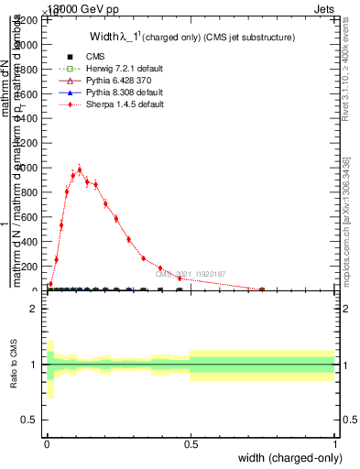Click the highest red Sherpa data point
(x=80, y=169)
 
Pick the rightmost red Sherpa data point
(x=262, y=289)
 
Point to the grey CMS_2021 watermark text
(x=190, y=274)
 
